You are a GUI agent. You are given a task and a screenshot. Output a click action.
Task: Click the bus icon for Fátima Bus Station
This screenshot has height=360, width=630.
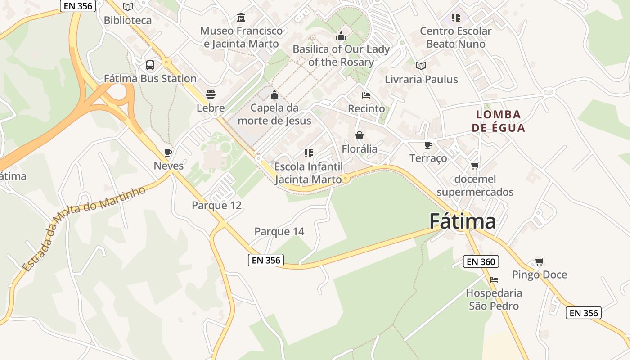150,65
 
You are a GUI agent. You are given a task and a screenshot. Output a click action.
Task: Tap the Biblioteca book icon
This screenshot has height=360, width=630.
128,7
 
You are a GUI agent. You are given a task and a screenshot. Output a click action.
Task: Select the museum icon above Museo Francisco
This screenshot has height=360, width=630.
241,18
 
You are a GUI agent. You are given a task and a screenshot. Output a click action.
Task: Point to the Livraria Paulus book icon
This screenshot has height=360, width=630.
421,66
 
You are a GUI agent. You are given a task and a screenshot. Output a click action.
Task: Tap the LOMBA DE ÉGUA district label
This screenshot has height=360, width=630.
498,121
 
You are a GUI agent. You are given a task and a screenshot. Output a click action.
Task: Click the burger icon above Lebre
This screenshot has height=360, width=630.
211,94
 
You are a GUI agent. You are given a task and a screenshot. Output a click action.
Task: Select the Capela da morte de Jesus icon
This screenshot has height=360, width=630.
274,94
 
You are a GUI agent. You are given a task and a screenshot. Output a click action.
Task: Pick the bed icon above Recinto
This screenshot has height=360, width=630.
366,95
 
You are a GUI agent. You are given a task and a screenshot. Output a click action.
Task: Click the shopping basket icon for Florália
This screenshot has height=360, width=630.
360,135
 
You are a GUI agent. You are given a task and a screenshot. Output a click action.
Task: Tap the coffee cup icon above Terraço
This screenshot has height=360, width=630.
428,145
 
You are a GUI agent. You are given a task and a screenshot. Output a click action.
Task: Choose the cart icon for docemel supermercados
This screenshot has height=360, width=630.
475,166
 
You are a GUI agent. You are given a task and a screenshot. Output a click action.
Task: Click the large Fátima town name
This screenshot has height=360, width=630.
462,221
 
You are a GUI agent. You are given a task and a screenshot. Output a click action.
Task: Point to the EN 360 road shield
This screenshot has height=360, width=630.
481,261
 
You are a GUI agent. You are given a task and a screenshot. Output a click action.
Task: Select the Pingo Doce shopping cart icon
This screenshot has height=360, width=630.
540,261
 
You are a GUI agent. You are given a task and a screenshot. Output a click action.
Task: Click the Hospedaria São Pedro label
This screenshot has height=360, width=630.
494,299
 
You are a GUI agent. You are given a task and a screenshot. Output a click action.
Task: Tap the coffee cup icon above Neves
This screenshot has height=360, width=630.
168,153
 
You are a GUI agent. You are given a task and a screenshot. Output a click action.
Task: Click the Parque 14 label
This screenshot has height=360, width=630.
279,231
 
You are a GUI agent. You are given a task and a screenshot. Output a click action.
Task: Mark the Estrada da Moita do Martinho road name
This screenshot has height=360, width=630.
84,229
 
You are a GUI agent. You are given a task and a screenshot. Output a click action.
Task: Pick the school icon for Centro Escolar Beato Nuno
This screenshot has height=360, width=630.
456,18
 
